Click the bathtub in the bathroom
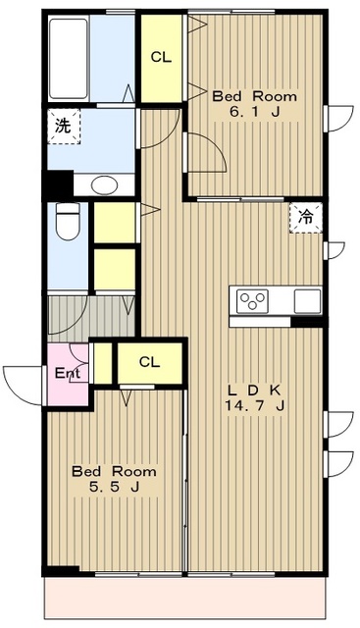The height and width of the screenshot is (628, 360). (x=69, y=59)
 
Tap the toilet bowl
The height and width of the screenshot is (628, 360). (x=68, y=222)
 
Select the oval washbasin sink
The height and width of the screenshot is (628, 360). (x=104, y=185)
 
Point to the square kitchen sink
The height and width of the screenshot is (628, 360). (x=307, y=301)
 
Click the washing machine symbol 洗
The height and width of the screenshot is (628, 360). (x=64, y=127)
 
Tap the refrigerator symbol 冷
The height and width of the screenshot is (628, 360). (x=306, y=218)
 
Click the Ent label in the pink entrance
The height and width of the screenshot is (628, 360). (x=68, y=373)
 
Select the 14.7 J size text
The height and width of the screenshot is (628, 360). (x=255, y=406)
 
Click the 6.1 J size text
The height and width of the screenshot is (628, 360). (x=254, y=112)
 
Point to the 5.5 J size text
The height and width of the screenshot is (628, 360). (x=114, y=487)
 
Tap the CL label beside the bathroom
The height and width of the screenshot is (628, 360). (x=161, y=57)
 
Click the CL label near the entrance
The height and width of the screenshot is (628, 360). (x=149, y=362)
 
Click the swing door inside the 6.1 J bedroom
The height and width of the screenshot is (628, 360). (x=206, y=153)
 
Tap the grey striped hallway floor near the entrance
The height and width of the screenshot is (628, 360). (x=91, y=319)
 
